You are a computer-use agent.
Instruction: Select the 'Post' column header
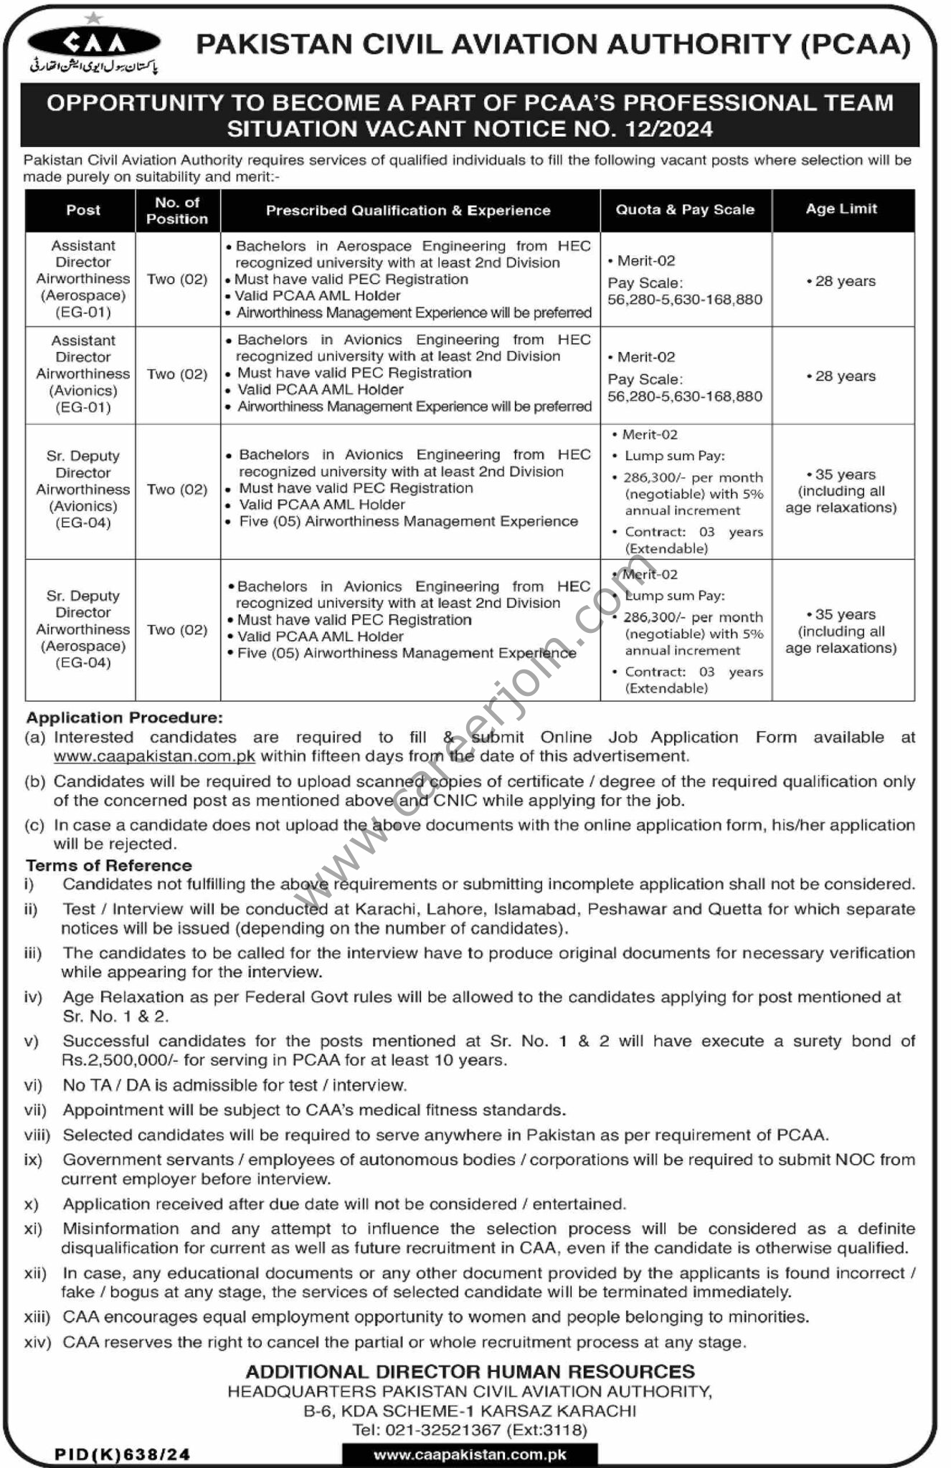[83, 210]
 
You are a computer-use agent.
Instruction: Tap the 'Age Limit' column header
[841, 209]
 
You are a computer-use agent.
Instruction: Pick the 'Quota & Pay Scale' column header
[685, 209]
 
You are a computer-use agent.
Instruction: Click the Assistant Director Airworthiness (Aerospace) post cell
[83, 279]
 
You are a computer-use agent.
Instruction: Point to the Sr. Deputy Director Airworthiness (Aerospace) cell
[83, 629]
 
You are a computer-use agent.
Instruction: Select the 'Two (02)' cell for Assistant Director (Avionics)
[177, 374]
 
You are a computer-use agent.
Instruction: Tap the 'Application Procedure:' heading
[125, 718]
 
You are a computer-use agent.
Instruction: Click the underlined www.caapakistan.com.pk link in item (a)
[155, 756]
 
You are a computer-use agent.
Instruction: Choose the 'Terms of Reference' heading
[109, 865]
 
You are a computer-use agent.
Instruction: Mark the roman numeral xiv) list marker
[37, 1342]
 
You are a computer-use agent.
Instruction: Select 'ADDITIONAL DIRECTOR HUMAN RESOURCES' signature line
[470, 1371]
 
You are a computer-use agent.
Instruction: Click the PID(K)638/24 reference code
[123, 1454]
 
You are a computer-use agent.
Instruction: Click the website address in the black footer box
[470, 1454]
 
